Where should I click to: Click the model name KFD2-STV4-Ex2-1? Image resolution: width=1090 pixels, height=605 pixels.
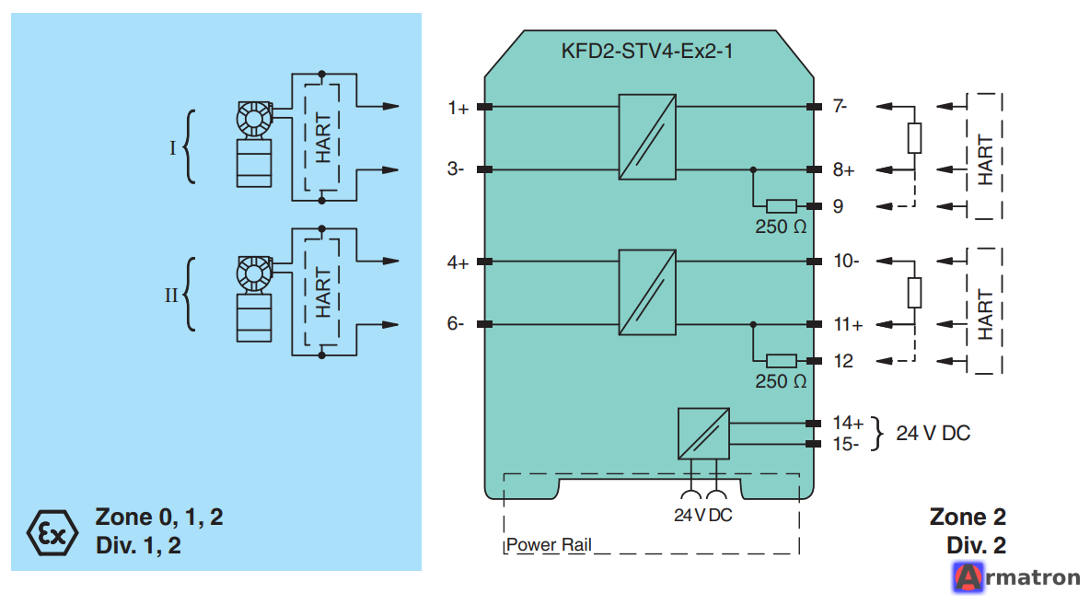tap(646, 52)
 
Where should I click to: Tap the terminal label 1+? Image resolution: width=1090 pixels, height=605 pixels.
tap(458, 108)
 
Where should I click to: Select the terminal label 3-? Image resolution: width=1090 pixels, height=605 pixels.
tap(456, 169)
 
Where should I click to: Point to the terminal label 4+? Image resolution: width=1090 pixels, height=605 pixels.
tap(458, 262)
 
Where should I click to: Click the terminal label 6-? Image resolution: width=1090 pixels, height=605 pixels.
tap(456, 323)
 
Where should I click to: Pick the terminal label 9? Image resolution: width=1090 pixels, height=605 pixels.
tap(839, 206)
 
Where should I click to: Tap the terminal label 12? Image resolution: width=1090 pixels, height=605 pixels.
tap(843, 361)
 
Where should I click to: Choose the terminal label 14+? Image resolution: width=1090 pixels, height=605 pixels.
tap(848, 423)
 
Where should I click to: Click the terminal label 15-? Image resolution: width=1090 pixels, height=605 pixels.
tap(846, 444)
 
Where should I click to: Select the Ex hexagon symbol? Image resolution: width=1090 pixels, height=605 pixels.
tap(52, 532)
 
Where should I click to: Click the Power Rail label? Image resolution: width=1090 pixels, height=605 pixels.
tap(549, 544)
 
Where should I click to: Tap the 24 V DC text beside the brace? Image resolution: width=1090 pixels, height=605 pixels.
tap(933, 433)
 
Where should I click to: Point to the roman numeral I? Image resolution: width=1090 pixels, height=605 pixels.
tap(173, 147)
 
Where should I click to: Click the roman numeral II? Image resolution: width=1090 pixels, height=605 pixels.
tap(171, 296)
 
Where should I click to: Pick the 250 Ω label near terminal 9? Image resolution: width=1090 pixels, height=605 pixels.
tap(781, 227)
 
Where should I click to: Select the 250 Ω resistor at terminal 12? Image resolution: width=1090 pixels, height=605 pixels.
tap(782, 361)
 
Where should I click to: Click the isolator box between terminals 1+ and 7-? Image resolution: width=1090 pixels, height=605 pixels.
tap(647, 137)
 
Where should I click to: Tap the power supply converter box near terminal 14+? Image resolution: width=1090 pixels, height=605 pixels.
tap(703, 433)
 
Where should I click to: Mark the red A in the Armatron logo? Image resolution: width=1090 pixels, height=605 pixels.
tap(968, 577)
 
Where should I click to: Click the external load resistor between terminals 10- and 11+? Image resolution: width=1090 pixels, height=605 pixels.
tap(915, 293)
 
